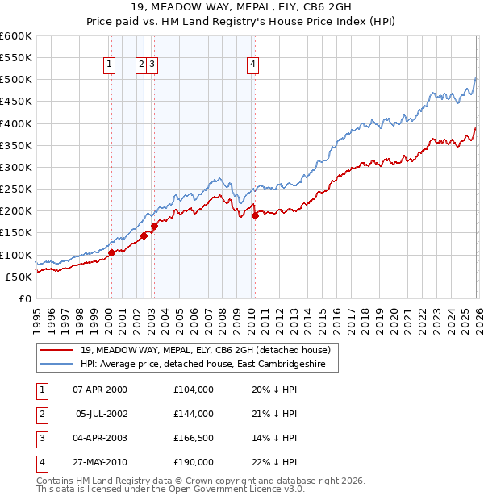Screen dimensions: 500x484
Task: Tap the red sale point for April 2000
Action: [111, 252]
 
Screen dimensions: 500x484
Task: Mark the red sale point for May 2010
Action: [255, 215]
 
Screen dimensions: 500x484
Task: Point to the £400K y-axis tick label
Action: [16, 124]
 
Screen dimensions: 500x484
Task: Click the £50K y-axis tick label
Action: [19, 277]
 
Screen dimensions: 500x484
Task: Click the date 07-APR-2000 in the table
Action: [99, 390]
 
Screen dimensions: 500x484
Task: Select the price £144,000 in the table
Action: [194, 414]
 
